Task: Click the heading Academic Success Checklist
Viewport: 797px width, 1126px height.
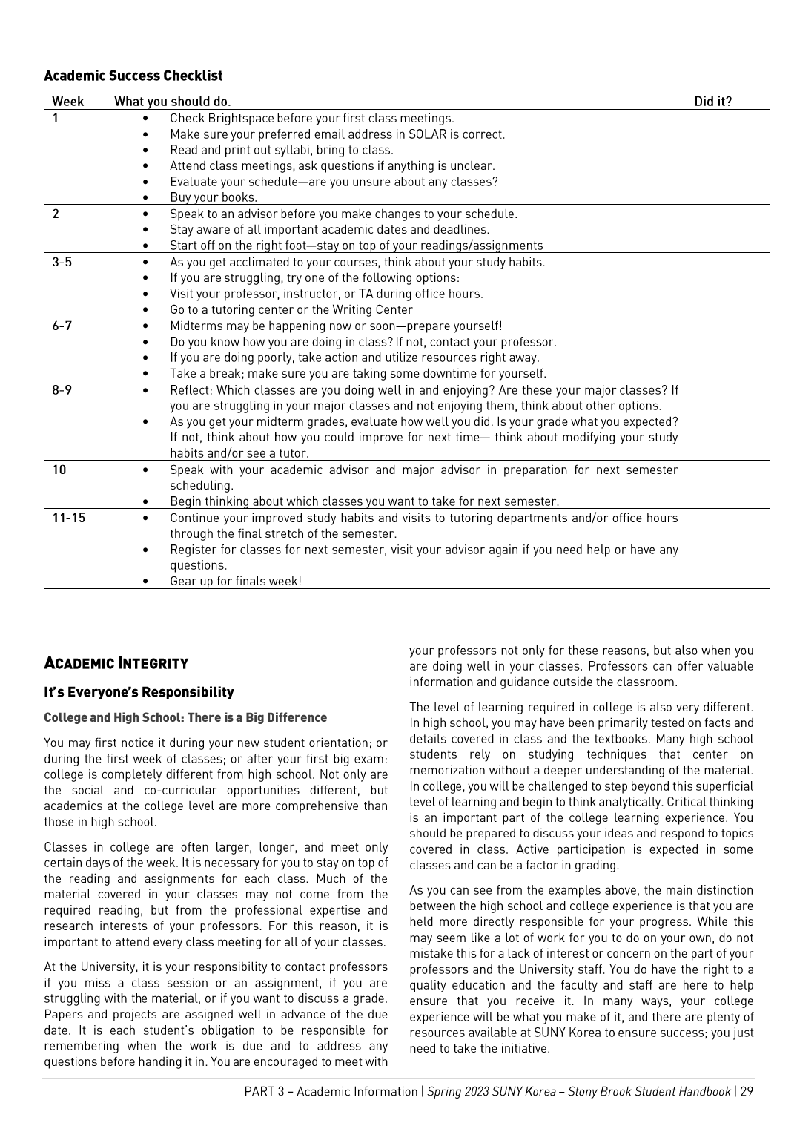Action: (x=133, y=76)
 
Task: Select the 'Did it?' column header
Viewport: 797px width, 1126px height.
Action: (x=712, y=102)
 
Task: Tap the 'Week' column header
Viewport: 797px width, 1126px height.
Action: (x=67, y=102)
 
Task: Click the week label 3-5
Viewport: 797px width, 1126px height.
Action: (x=62, y=262)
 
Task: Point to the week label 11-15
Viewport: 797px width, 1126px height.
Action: (x=68, y=518)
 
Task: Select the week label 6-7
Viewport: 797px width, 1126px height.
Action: (x=62, y=326)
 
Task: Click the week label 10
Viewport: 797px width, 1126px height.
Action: (x=59, y=470)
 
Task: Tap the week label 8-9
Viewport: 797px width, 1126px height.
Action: (x=62, y=389)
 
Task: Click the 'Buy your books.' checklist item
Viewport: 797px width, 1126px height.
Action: (x=214, y=197)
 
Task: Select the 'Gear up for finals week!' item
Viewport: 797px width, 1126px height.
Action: (x=236, y=581)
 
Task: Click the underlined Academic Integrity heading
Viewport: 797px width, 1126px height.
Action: (x=116, y=663)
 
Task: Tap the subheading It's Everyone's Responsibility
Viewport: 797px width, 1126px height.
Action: (x=139, y=692)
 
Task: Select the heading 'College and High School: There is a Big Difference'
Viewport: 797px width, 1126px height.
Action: (x=185, y=717)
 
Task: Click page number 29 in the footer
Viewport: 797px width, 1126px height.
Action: (x=746, y=1091)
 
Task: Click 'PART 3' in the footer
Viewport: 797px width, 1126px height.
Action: (x=266, y=1091)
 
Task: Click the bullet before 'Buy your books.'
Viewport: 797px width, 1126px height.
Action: (x=145, y=198)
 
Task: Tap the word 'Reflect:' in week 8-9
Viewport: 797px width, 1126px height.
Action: (x=191, y=389)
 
